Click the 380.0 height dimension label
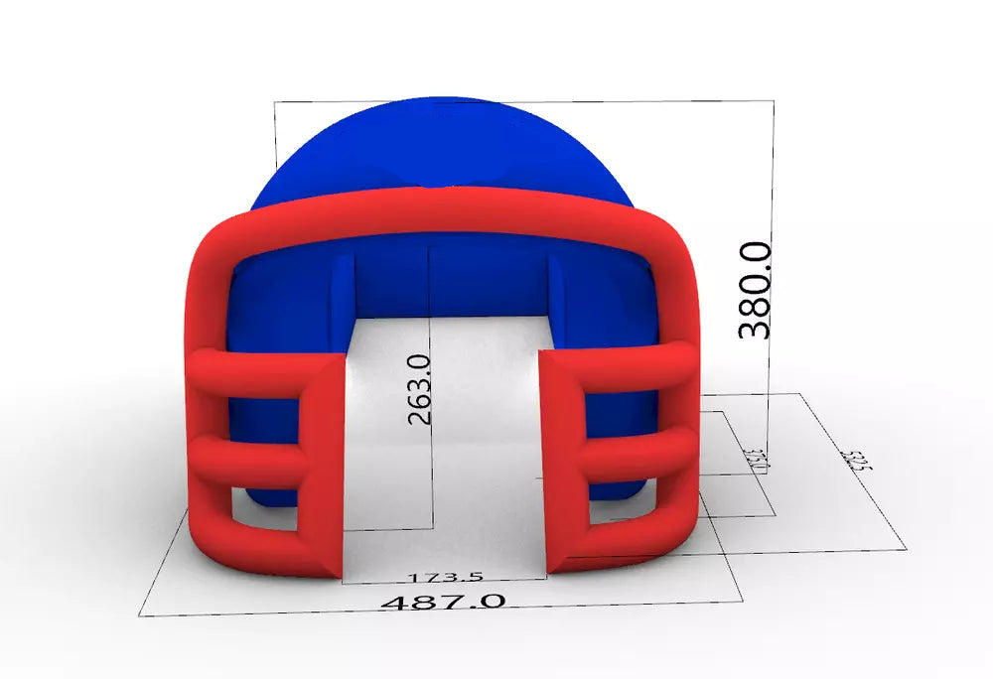click(756, 288)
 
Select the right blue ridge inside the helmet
click(555, 284)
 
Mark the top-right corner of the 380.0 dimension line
click(775, 99)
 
